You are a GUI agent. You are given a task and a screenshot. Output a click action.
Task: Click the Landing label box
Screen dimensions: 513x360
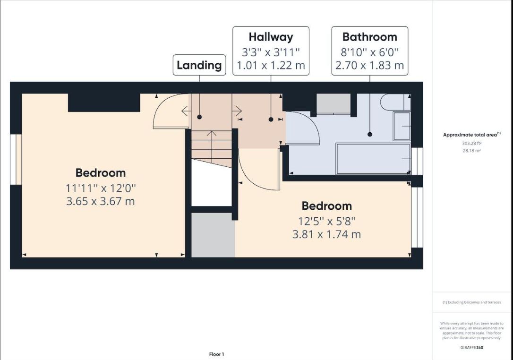click(199, 65)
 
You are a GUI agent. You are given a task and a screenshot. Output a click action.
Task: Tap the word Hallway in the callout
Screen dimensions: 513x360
click(271, 37)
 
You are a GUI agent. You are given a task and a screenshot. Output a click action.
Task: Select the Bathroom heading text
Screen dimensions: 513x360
click(370, 37)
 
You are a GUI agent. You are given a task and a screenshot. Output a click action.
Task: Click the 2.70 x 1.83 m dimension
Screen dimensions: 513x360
click(370, 66)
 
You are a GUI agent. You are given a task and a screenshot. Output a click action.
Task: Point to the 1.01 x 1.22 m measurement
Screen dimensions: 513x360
click(271, 66)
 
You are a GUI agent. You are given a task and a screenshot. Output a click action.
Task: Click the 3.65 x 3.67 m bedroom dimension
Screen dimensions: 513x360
click(101, 201)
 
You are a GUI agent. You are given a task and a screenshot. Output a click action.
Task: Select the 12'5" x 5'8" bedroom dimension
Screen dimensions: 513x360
click(327, 221)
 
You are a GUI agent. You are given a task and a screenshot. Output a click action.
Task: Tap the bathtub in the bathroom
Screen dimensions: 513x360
click(373, 159)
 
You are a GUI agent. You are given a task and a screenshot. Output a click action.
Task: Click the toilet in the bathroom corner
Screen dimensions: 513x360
click(396, 102)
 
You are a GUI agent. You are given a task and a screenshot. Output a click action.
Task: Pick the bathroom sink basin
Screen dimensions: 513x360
click(402, 126)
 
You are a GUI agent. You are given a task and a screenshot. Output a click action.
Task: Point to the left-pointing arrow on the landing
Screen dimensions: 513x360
click(187, 111)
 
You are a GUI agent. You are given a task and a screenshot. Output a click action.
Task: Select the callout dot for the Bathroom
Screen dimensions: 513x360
click(370, 134)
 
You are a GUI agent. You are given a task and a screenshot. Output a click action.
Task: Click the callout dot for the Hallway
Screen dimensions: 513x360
click(271, 120)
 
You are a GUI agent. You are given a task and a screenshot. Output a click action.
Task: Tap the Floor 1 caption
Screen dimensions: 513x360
click(217, 354)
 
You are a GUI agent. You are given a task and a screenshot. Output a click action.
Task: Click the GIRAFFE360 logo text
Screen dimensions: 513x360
click(471, 348)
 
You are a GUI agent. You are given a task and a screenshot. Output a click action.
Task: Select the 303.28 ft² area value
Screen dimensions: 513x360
click(471, 143)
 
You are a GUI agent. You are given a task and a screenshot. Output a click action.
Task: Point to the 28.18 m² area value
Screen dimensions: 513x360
click(471, 151)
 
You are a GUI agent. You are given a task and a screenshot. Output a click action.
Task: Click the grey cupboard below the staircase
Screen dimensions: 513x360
click(213, 235)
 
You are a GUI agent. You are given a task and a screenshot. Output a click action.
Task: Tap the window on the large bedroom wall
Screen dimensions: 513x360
click(16, 159)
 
